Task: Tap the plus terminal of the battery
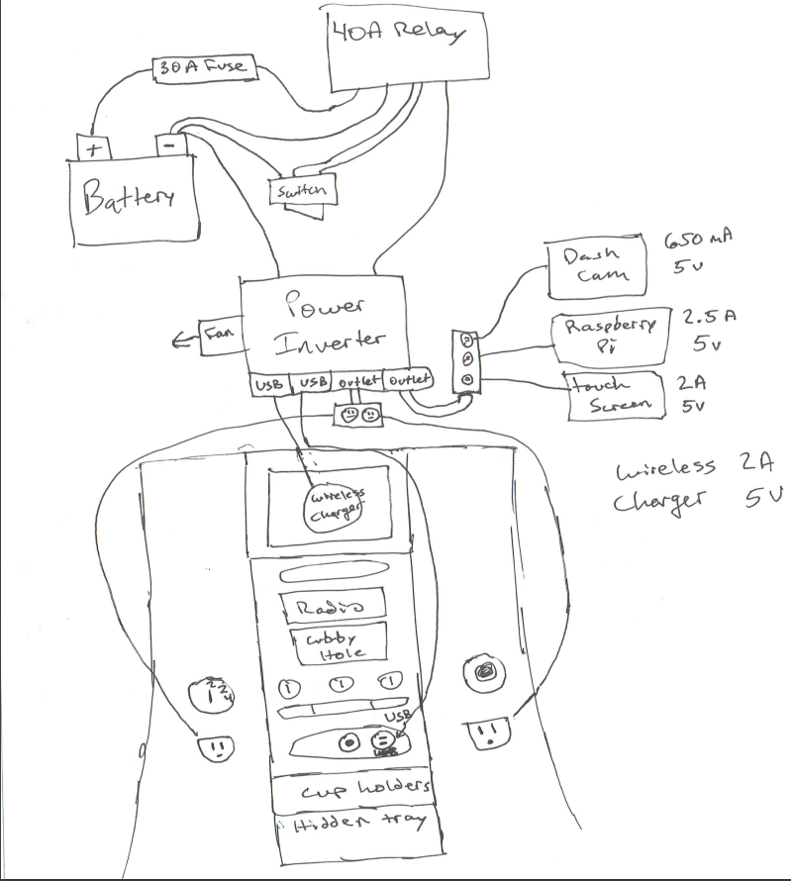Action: coord(94,147)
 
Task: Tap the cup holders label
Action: coord(352,788)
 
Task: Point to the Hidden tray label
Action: coord(352,824)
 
